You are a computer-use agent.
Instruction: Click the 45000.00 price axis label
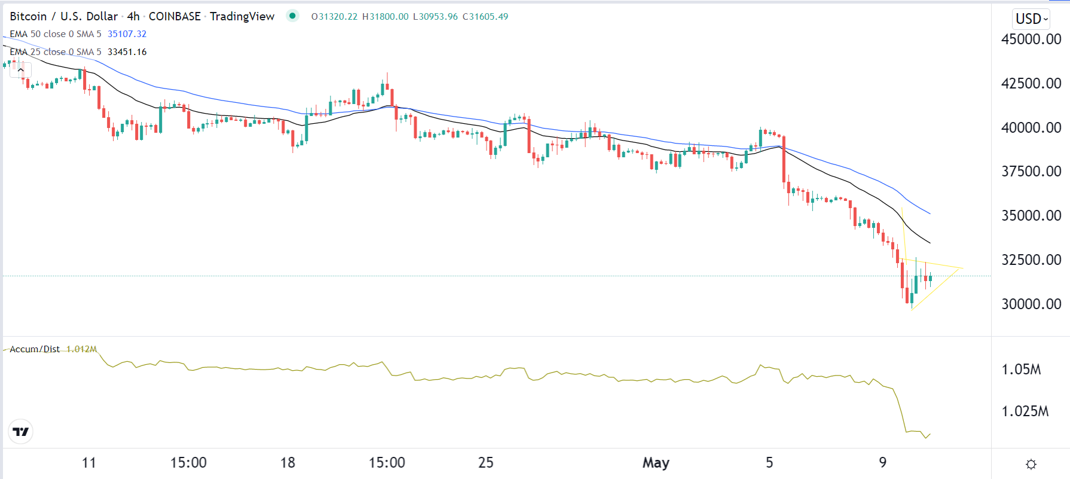tap(1031, 39)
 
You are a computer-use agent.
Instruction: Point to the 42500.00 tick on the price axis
tap(1031, 84)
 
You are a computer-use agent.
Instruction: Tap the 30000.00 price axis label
tap(1031, 304)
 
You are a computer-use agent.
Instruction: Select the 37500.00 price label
tap(1031, 172)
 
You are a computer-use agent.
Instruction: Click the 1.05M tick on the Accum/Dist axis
tap(1021, 370)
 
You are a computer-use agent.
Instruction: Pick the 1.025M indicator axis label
tap(1025, 411)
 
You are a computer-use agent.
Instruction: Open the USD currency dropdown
tap(1031, 19)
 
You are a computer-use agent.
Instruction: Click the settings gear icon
tap(1031, 464)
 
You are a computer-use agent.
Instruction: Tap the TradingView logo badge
tap(21, 432)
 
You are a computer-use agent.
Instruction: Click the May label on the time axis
tap(656, 463)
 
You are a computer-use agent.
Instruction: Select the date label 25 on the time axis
tap(486, 463)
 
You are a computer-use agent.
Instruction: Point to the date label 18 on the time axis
tap(288, 463)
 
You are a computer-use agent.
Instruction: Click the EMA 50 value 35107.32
tap(127, 34)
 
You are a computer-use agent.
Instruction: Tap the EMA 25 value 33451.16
tap(127, 52)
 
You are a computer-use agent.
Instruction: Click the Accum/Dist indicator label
tap(35, 349)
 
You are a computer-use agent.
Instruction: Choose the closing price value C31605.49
tap(485, 17)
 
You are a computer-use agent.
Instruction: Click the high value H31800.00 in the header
tap(386, 17)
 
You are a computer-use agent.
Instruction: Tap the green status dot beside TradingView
tap(292, 16)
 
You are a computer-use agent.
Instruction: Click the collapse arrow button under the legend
tap(21, 70)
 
